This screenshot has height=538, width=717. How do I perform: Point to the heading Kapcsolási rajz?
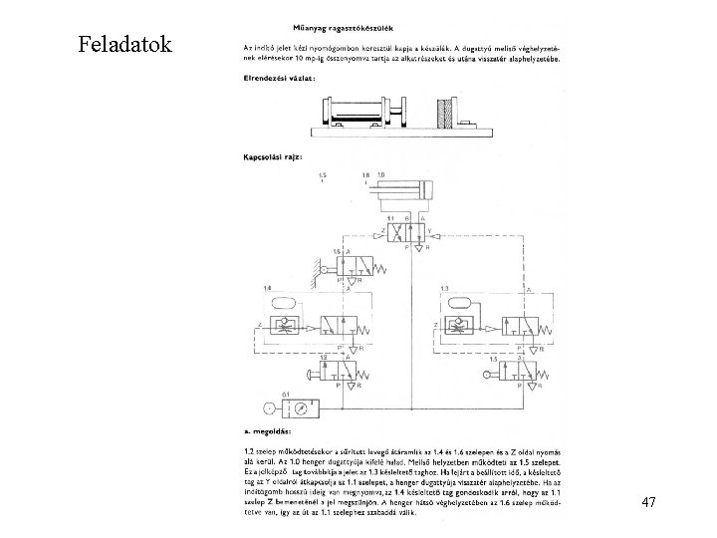click(273, 156)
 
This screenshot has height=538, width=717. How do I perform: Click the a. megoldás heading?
click(272, 431)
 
